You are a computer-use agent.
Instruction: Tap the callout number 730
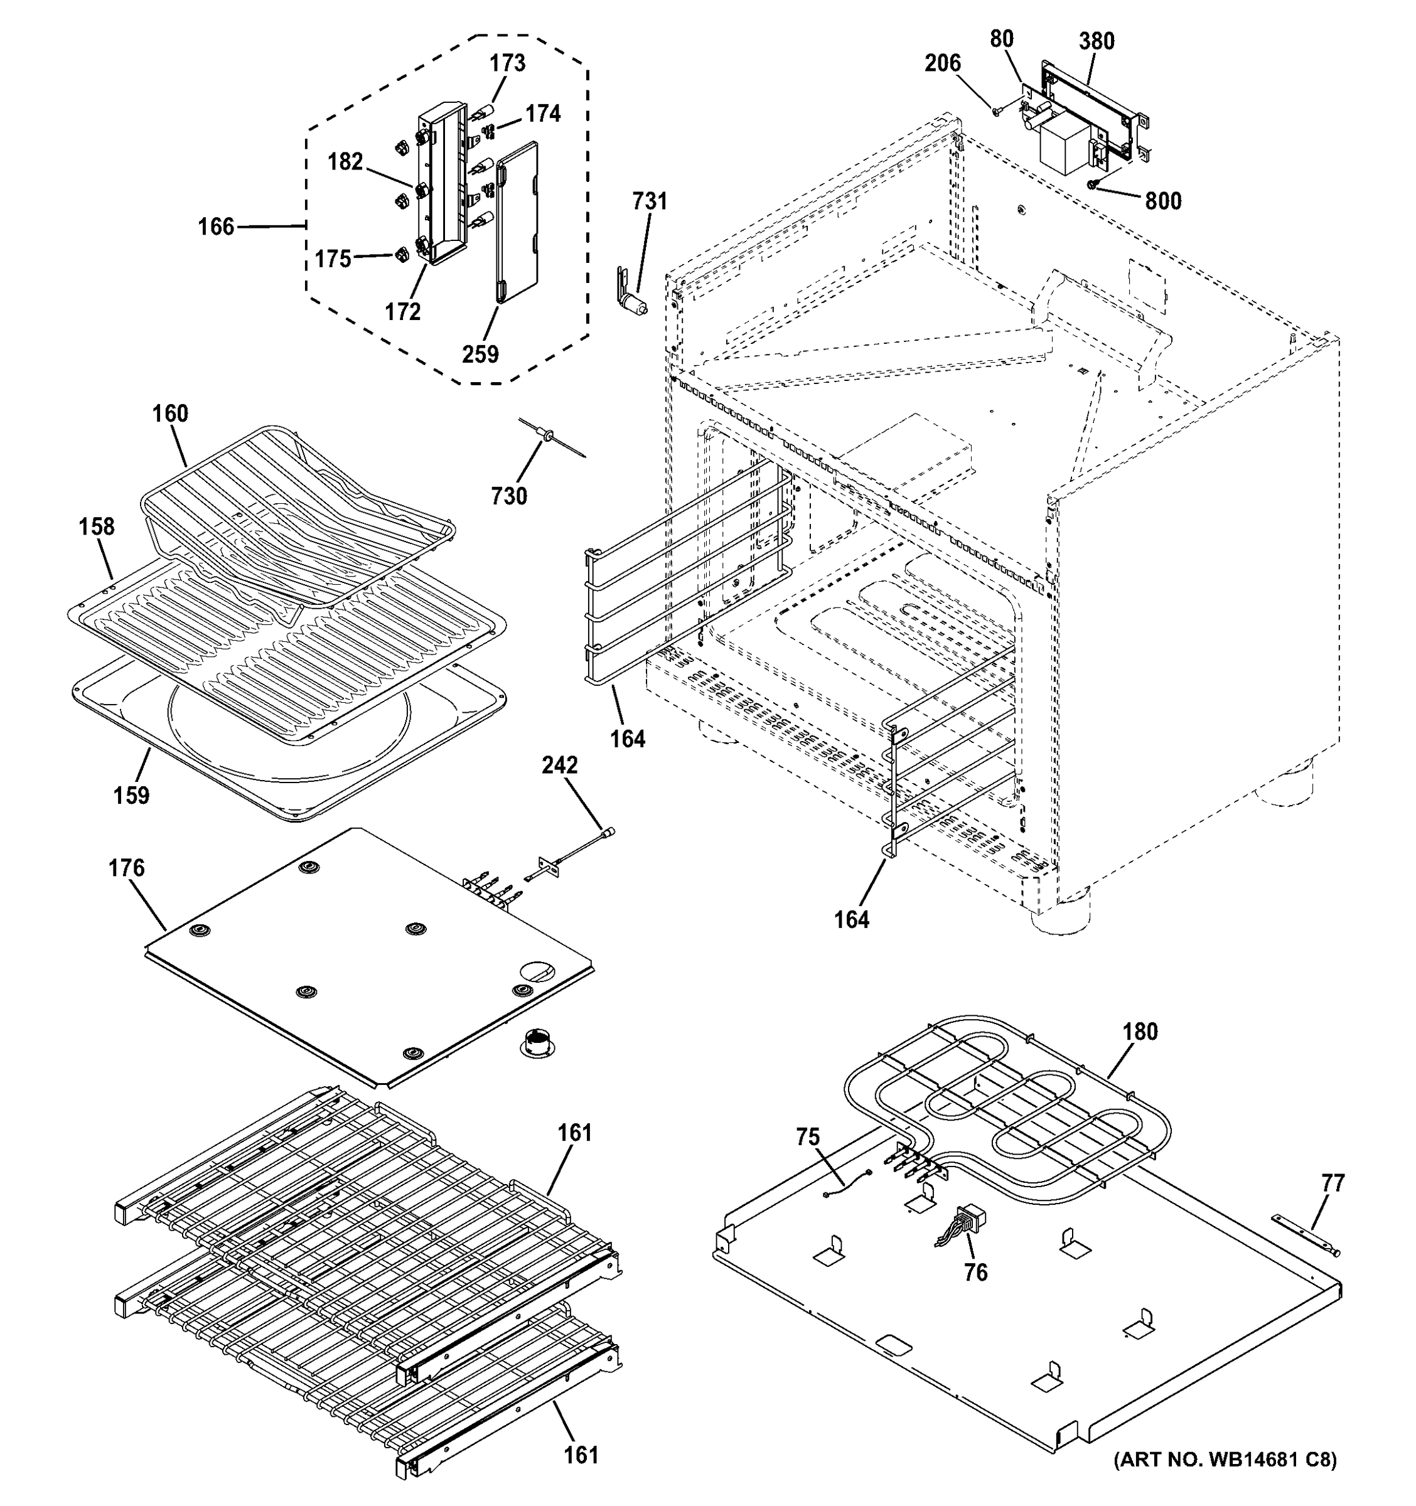click(508, 496)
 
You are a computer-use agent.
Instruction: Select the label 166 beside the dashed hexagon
click(216, 227)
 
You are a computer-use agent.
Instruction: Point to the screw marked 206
click(997, 111)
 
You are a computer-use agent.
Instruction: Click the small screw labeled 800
click(1091, 184)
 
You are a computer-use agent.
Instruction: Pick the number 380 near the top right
click(1097, 41)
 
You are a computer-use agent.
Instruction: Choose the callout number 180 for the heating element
click(1139, 1032)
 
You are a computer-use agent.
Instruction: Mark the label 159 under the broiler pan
click(131, 796)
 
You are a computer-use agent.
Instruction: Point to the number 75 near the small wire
click(808, 1137)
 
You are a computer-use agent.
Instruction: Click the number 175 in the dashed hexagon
click(333, 259)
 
